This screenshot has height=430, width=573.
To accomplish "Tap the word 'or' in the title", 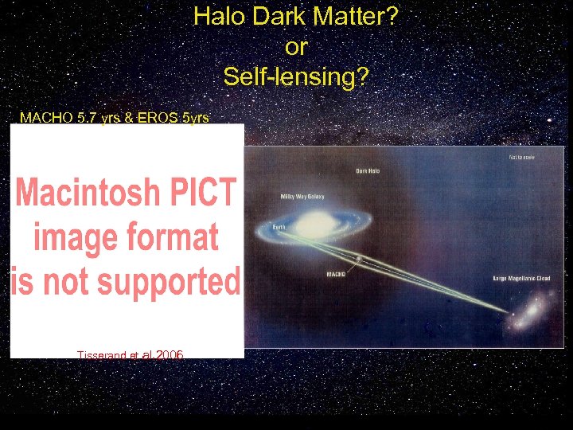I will pos(295,46).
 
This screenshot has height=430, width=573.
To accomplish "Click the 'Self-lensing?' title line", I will pos(295,76).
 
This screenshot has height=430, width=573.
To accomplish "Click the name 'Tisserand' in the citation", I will pos(102,354).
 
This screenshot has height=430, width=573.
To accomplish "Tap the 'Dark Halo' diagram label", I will pos(369,170).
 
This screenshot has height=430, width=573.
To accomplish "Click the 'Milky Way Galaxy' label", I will pos(302,196).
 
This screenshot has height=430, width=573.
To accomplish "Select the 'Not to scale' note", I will pos(521,157).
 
